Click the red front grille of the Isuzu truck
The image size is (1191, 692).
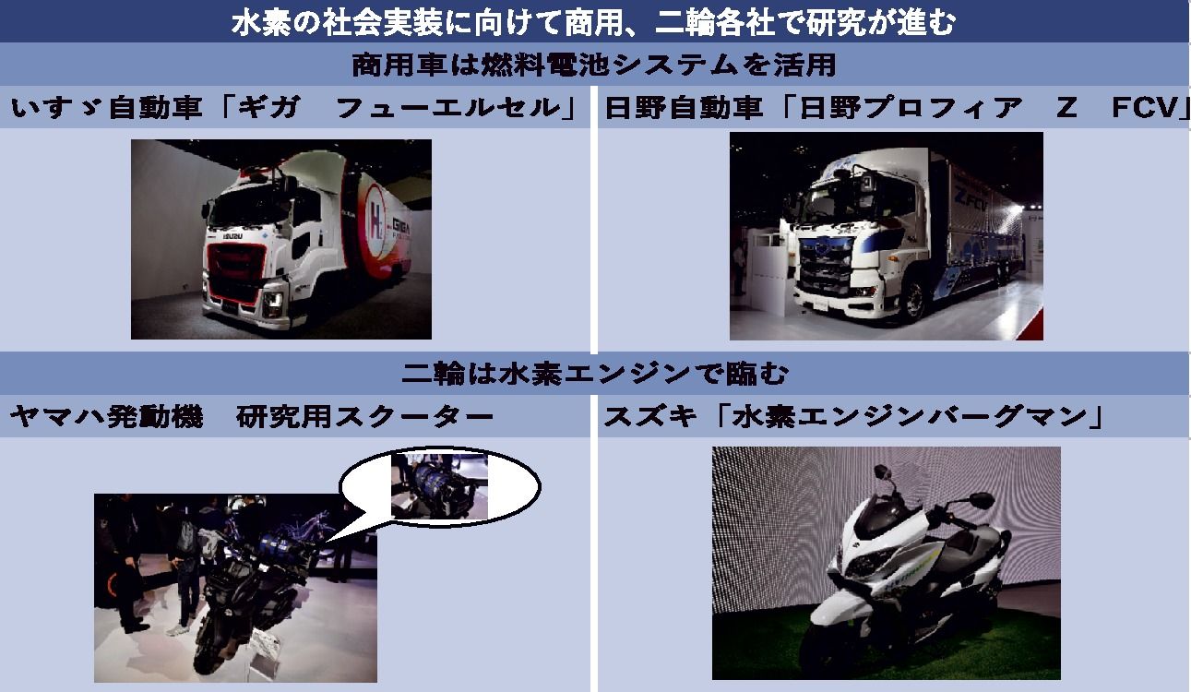[x=235, y=272]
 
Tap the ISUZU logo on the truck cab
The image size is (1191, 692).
[x=232, y=235]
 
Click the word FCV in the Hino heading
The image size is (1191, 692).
[x=1150, y=107]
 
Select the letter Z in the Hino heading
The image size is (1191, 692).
[x=1066, y=107]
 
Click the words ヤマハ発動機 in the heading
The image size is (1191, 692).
[x=106, y=416]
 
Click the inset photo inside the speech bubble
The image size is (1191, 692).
[x=439, y=486]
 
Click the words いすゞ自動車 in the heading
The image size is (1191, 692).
[x=106, y=107]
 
